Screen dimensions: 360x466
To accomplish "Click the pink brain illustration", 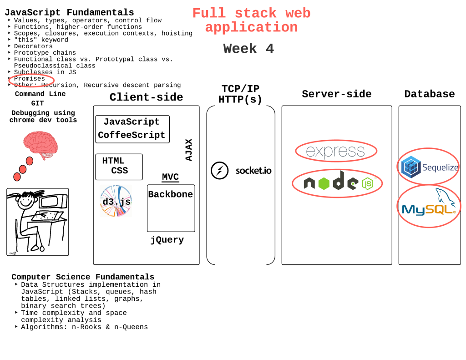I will click(41, 145).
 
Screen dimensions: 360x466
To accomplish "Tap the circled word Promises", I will click(30, 79).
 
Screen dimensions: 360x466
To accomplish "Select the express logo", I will click(335, 151).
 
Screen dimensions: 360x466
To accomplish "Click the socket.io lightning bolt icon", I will click(219, 171).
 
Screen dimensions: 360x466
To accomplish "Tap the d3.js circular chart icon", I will click(116, 201).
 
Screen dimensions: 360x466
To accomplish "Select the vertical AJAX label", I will click(189, 150).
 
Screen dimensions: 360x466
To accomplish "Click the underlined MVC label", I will click(170, 177).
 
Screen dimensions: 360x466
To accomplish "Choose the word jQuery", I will click(167, 240).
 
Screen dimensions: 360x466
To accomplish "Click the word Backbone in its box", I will click(171, 195).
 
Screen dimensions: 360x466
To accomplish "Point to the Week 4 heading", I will click(248, 49).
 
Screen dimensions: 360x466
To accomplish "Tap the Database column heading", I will click(429, 94).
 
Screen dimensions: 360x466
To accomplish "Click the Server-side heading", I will click(336, 94).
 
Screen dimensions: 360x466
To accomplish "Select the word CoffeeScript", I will click(132, 135).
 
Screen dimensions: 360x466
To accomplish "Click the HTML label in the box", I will click(113, 161).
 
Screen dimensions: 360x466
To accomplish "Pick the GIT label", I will click(37, 103).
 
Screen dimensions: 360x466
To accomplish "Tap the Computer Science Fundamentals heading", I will click(83, 277).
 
